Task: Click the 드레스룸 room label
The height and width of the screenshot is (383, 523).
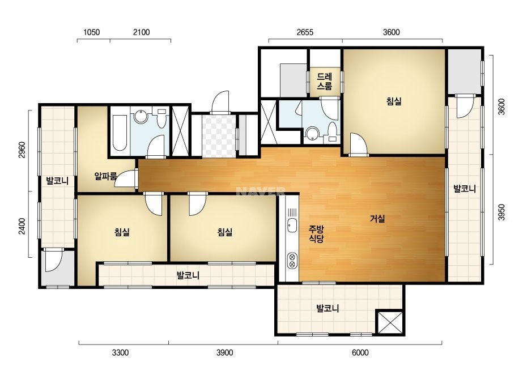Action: [x=324, y=82]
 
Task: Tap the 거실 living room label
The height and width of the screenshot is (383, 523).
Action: [x=377, y=219]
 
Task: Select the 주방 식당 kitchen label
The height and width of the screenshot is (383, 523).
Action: [x=316, y=233]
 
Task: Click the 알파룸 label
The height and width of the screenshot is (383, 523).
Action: [x=106, y=176]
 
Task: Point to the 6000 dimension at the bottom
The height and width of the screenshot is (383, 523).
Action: [x=360, y=352]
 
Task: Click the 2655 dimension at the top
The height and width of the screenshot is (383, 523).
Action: [x=305, y=32]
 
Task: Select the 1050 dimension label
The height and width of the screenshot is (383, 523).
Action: [x=91, y=32]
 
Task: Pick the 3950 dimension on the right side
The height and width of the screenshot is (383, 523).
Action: [x=501, y=212]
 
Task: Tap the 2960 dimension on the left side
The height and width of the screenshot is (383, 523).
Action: [x=22, y=150]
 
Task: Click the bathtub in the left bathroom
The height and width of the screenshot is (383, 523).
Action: [x=120, y=133]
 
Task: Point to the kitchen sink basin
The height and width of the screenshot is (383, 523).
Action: [x=292, y=225]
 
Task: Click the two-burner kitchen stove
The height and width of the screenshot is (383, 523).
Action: [x=292, y=260]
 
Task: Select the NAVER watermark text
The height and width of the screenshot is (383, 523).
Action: [x=261, y=191]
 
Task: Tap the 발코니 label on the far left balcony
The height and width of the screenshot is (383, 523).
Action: [x=57, y=181]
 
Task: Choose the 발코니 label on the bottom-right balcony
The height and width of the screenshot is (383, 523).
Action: [x=328, y=308]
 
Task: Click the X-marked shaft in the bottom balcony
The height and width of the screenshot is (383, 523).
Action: [x=390, y=322]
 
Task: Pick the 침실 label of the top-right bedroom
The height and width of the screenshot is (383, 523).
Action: [x=394, y=101]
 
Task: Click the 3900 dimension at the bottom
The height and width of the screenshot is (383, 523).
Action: [x=224, y=352]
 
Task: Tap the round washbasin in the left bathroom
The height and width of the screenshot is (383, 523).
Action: [x=141, y=117]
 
